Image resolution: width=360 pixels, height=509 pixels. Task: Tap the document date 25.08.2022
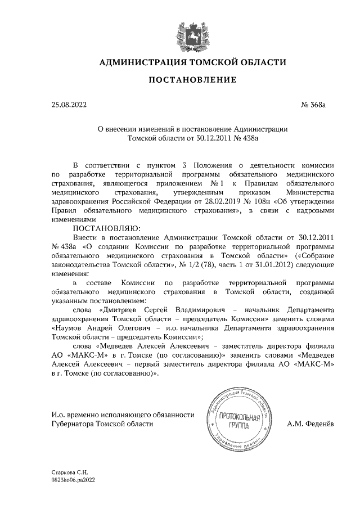(69, 105)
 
